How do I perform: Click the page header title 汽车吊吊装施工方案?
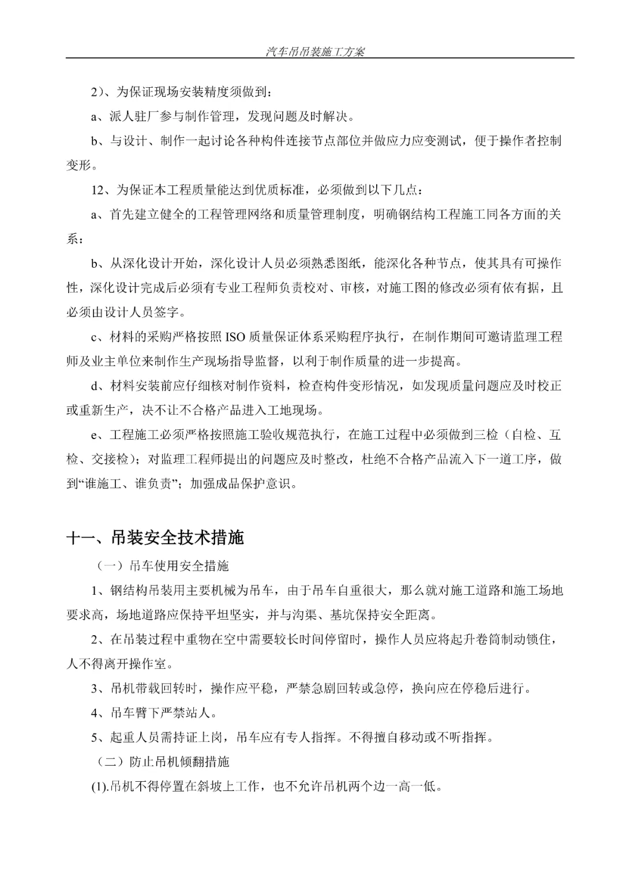[x=315, y=51]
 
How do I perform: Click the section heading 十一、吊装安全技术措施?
[x=155, y=537]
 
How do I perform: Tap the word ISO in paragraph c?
[x=234, y=336]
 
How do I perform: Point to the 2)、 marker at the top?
[x=100, y=92]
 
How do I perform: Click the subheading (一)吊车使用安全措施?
[x=163, y=566]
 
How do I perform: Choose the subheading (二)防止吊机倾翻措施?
[x=163, y=762]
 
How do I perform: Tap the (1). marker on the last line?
[x=99, y=786]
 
